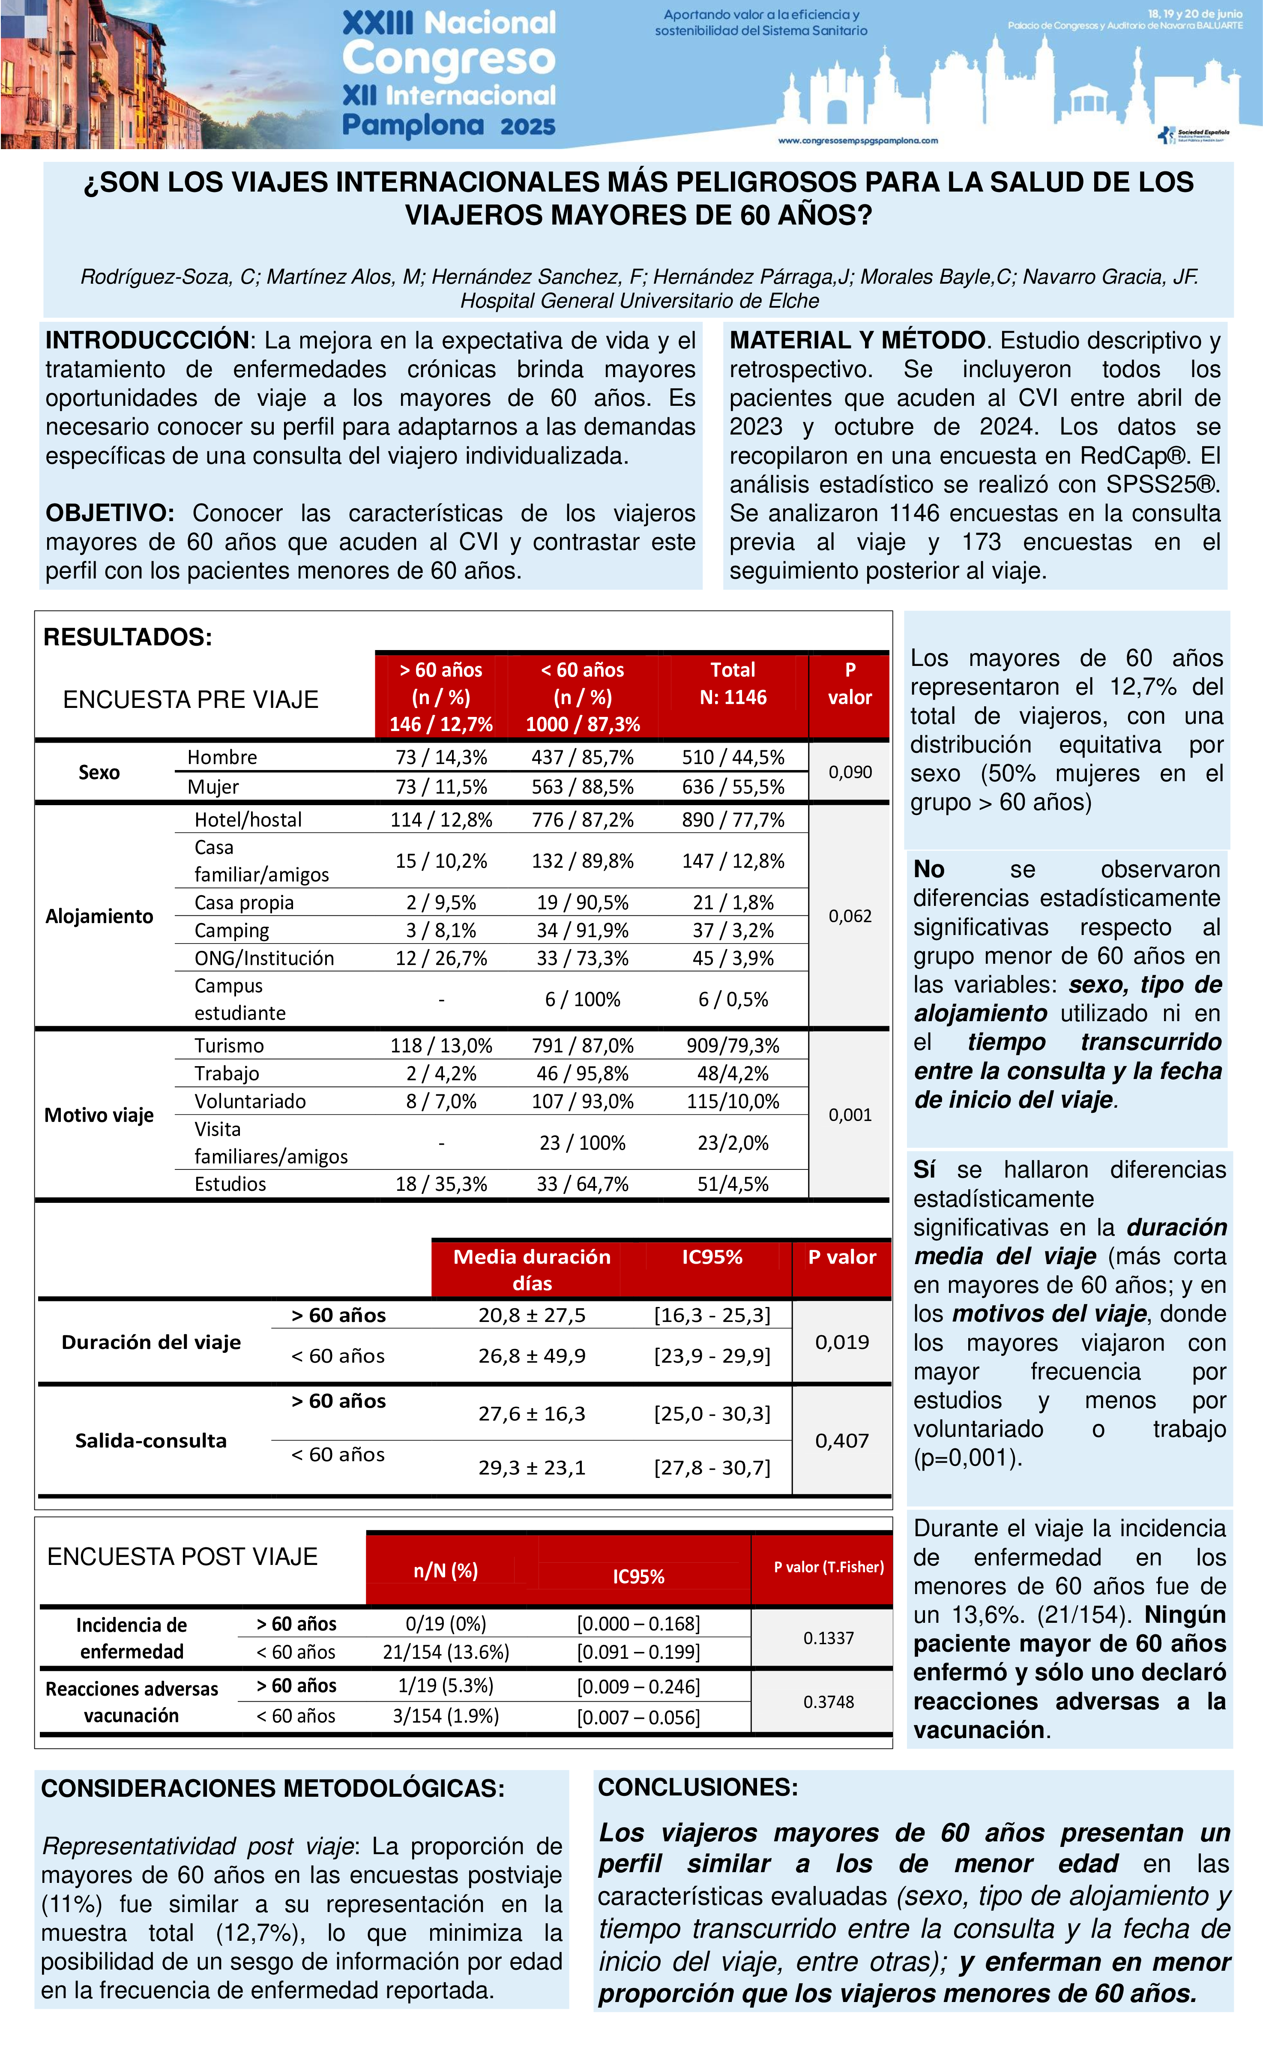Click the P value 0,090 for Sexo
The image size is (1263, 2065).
coord(850,772)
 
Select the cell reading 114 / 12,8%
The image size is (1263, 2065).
coord(441,820)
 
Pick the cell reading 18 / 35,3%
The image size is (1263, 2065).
coord(441,1184)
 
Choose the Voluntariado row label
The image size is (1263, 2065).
coord(250,1101)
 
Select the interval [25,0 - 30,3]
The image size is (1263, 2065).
coord(712,1414)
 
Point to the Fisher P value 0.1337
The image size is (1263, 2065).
coord(828,1638)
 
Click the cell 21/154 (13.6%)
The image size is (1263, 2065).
coord(446,1652)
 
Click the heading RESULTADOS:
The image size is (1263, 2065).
coord(127,637)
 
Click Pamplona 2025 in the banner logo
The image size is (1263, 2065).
coord(449,126)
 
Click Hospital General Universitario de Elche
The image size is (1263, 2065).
coord(640,301)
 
